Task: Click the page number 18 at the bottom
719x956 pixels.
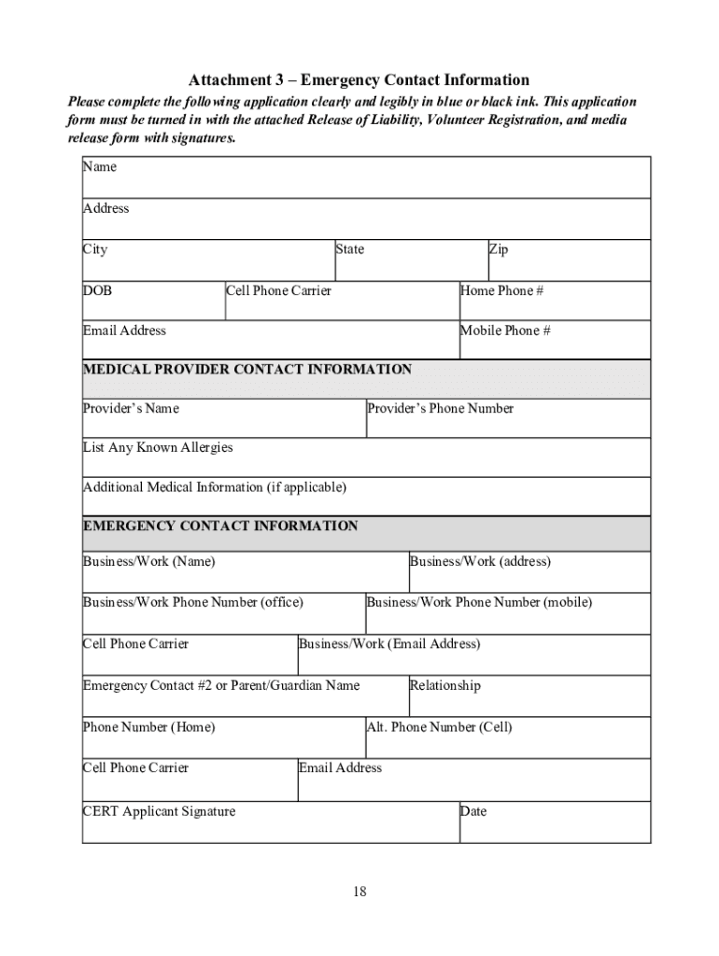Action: tap(359, 892)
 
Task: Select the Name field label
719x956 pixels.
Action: tap(100, 167)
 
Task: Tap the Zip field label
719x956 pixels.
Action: tap(499, 249)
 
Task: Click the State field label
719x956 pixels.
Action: tap(350, 249)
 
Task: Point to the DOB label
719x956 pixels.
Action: tap(97, 290)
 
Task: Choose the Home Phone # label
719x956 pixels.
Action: tap(501, 290)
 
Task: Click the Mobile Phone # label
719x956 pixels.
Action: tap(505, 330)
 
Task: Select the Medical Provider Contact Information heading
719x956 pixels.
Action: tap(247, 370)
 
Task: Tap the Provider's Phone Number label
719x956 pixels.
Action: tap(440, 408)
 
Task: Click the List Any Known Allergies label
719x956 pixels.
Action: tap(158, 447)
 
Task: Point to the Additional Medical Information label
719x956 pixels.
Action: tap(215, 486)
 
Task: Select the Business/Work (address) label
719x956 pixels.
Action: tap(480, 561)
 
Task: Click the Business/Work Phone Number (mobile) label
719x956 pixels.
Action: tap(479, 602)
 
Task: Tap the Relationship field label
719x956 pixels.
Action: tap(445, 685)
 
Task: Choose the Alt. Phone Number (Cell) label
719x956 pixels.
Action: tap(439, 726)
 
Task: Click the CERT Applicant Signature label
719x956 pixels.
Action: tap(159, 811)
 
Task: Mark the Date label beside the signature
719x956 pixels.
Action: tap(473, 811)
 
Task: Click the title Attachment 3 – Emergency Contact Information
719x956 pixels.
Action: tap(359, 80)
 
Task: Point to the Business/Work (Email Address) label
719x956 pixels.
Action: tap(389, 644)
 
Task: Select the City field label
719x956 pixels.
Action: tap(95, 249)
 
